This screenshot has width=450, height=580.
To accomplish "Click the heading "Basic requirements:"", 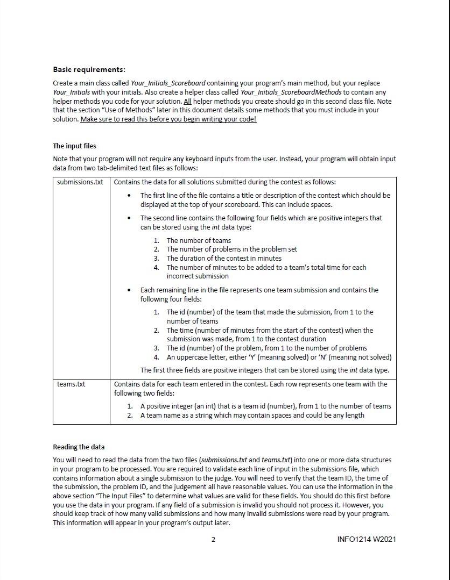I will tap(89, 69).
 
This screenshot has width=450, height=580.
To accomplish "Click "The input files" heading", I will tap(74, 146).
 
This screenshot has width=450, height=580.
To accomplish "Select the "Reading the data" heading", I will tap(79, 447).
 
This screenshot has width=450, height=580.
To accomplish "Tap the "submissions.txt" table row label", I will tap(80, 182).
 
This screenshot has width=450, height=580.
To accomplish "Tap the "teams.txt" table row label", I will tap(71, 384).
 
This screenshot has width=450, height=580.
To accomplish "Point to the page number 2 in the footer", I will tap(213, 539).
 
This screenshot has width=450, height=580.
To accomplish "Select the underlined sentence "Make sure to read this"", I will tap(168, 119).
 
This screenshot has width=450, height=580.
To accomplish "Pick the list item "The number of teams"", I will tap(198, 240).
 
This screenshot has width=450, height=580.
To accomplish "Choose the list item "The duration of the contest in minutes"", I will tap(223, 258).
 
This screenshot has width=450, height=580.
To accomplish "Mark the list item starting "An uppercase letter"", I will tap(279, 357).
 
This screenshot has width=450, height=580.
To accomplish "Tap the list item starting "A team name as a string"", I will tap(252, 415).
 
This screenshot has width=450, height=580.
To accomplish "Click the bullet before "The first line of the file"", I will tap(129, 196).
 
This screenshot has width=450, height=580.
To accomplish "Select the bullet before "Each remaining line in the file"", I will tap(129, 290).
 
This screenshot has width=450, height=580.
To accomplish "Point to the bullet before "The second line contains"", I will tap(129, 218).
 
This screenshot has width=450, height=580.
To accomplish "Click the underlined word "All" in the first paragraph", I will tap(187, 101).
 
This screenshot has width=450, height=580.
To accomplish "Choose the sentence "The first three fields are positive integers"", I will tap(264, 370).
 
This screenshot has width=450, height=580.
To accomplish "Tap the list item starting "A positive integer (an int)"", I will tap(265, 406).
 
